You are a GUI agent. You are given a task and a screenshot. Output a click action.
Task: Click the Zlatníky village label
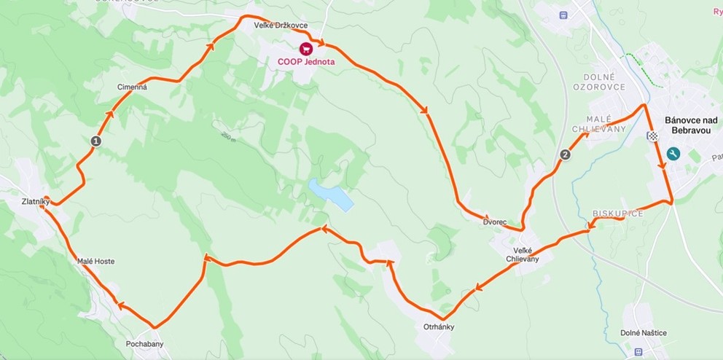34,202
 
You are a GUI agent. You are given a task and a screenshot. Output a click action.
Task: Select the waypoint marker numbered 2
566,154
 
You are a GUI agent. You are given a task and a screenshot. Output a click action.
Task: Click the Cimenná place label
132,87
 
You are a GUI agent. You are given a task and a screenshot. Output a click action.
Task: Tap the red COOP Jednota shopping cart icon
306,48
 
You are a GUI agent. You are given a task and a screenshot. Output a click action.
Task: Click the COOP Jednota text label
306,62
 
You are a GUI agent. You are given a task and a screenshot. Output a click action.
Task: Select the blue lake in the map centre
331,195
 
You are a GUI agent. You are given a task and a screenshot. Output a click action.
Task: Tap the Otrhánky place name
439,326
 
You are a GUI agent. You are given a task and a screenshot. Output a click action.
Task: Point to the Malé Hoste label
96,261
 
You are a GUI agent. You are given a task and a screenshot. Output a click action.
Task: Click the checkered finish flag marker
654,136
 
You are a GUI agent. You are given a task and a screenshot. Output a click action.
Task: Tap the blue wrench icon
673,154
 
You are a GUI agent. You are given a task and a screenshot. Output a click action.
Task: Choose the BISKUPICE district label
617,214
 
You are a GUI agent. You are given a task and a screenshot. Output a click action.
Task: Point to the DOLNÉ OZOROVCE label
604,82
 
